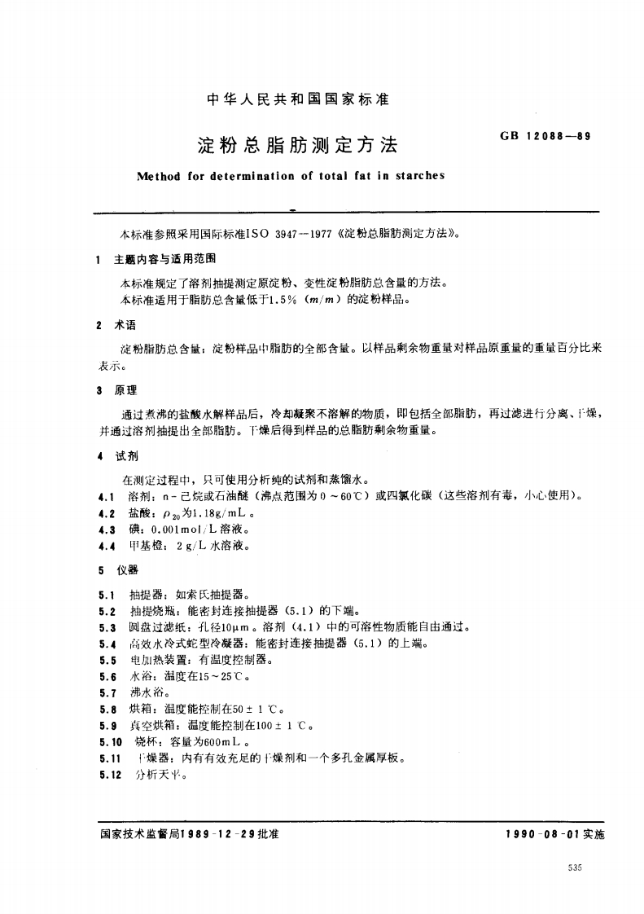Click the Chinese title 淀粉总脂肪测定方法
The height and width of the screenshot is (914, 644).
(x=298, y=146)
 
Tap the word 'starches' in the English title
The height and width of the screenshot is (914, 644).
(x=420, y=175)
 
